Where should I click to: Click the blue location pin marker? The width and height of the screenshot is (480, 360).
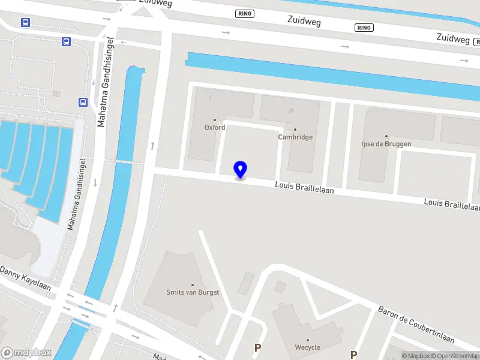(x=241, y=170)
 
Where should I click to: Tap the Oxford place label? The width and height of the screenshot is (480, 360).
(x=215, y=128)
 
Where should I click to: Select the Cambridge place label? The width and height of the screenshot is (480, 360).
(x=295, y=137)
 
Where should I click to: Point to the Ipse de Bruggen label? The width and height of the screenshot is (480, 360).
(x=386, y=145)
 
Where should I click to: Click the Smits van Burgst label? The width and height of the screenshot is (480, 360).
(x=193, y=293)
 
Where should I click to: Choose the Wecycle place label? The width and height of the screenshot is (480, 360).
(x=308, y=347)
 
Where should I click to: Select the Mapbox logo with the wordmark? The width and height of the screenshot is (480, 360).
(x=26, y=352)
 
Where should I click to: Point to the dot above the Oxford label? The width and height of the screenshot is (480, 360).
(x=215, y=120)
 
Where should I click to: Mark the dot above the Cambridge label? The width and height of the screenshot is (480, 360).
(x=295, y=129)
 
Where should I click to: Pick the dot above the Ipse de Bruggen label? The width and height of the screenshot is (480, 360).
(x=386, y=136)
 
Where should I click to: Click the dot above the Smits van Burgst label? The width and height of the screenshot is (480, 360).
(x=193, y=284)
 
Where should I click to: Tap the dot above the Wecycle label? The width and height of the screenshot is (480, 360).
(x=308, y=340)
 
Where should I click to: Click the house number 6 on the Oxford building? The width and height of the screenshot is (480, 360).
(x=210, y=98)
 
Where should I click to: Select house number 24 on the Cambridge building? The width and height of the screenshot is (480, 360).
(x=291, y=110)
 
